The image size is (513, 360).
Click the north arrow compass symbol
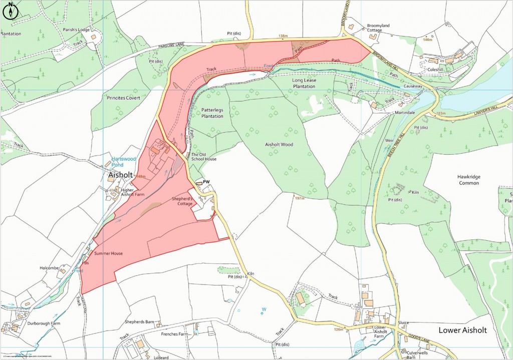[x=11, y=11]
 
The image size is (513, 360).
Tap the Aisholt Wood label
[x=279, y=144]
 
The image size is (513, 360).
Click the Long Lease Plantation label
[x=304, y=83]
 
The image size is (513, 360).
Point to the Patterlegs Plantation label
[x=212, y=112]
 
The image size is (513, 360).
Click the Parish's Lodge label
[x=76, y=30]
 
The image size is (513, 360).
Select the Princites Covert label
[x=124, y=98]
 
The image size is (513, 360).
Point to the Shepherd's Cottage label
[x=182, y=200]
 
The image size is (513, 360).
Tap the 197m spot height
[x=300, y=198]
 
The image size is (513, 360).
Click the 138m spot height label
[x=284, y=36]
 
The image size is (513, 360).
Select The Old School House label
[x=204, y=156]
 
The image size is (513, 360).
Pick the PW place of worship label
[x=205, y=182]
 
